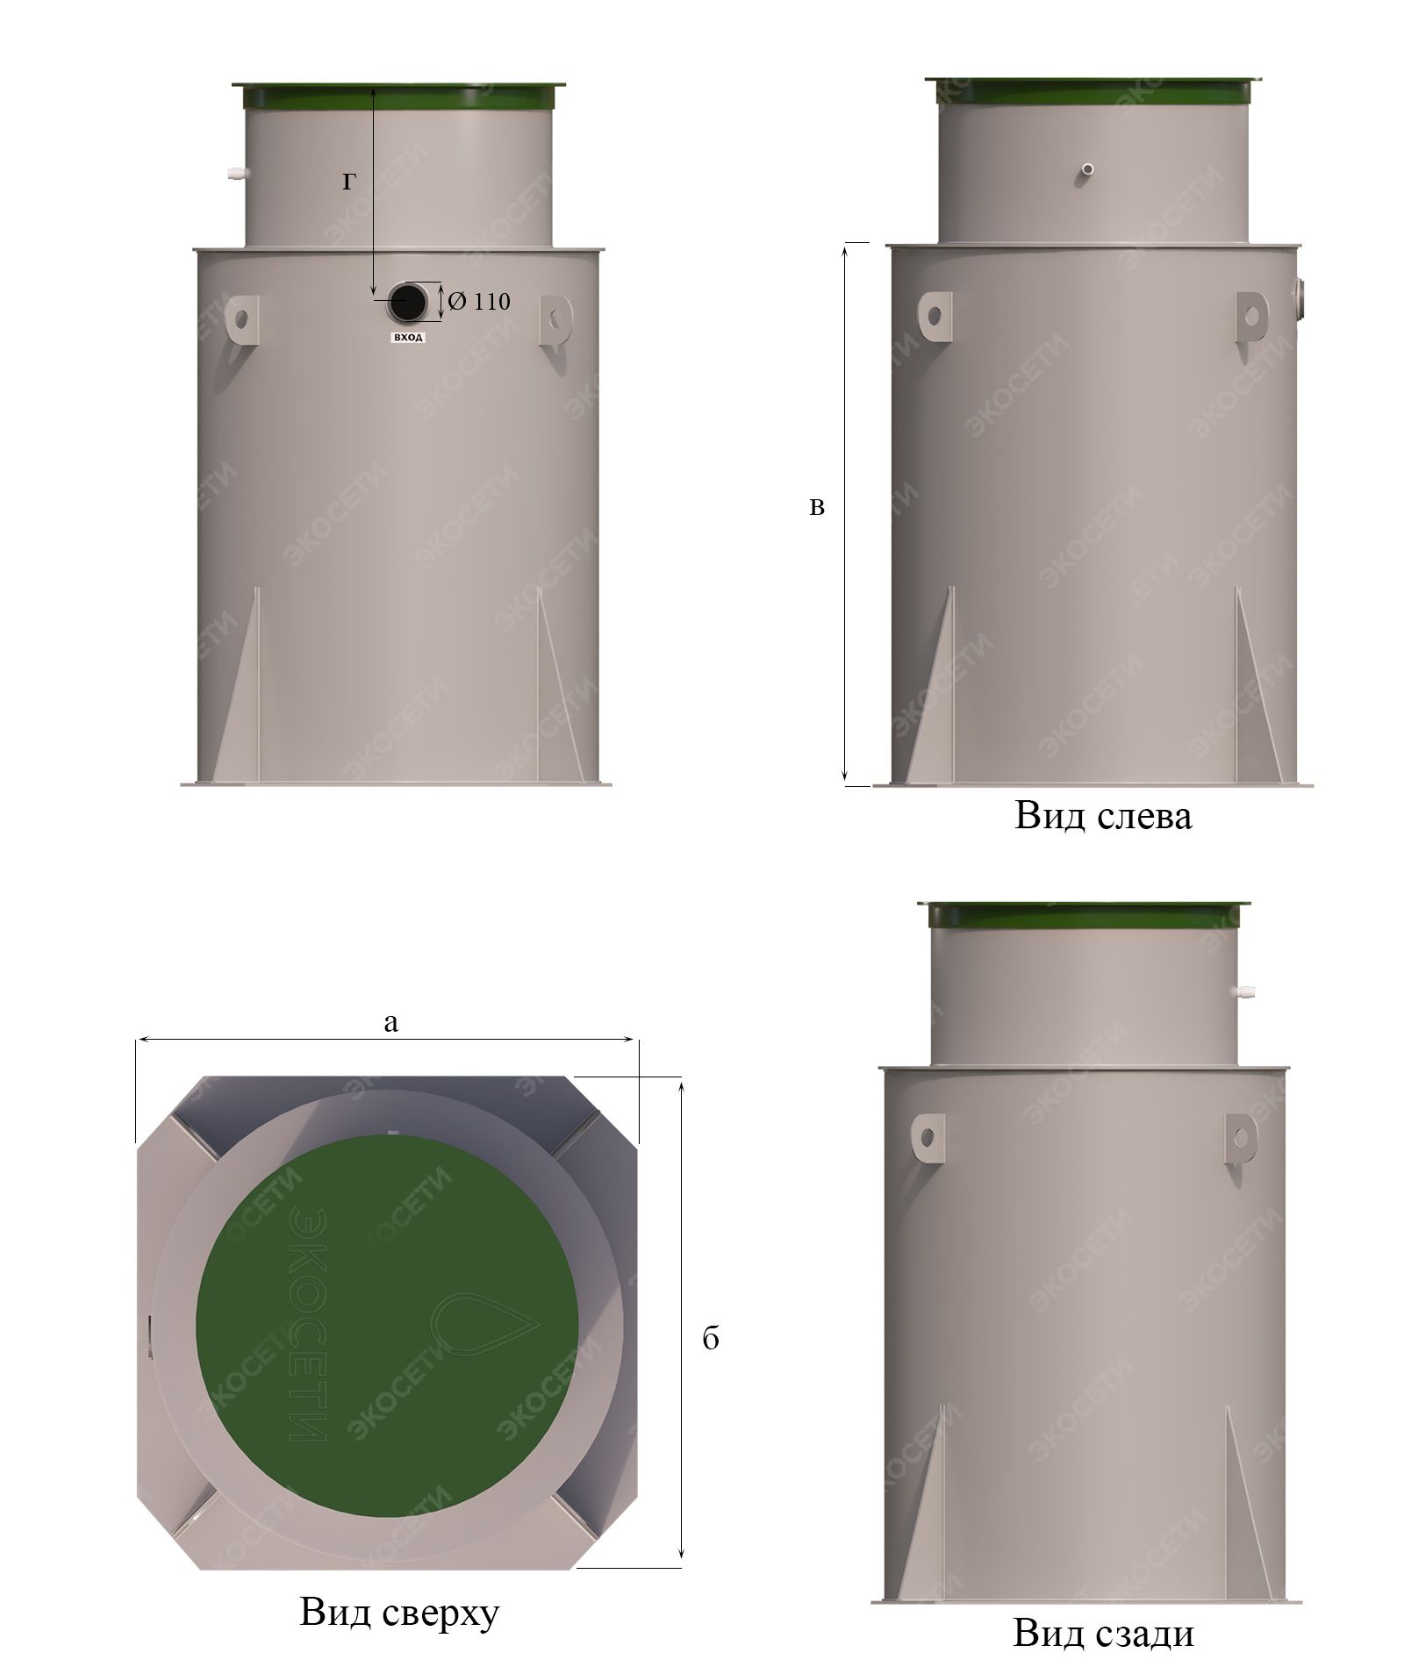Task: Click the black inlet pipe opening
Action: (407, 303)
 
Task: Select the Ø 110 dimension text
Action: (478, 302)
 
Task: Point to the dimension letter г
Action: (349, 182)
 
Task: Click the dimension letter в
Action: (817, 506)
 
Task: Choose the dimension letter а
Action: (391, 1022)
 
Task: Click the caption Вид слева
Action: (1103, 816)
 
